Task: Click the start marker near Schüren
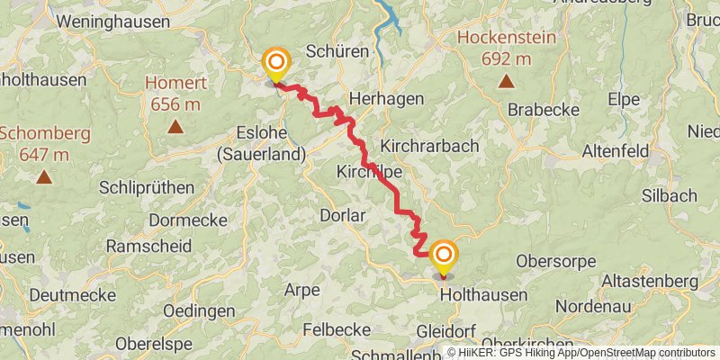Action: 275,64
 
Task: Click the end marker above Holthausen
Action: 443,256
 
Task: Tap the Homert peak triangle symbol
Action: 175,127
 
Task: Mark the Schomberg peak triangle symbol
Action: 43,176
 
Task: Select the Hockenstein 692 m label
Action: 506,49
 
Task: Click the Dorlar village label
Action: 342,215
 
